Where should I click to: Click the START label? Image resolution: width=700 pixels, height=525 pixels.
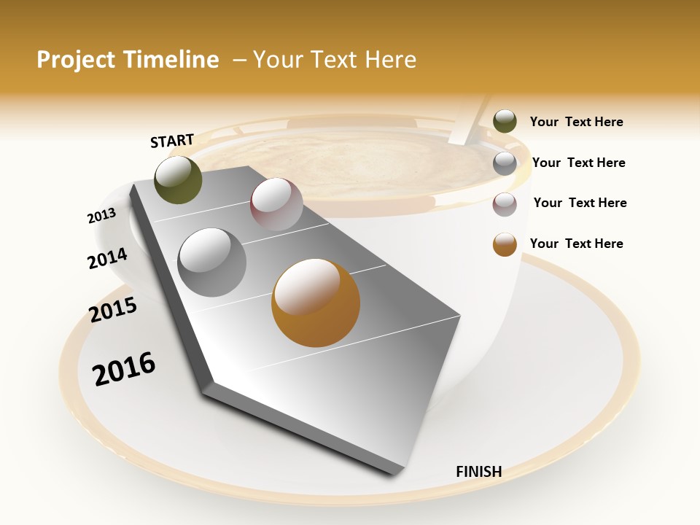(x=172, y=141)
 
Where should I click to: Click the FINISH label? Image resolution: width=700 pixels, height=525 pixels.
(x=478, y=472)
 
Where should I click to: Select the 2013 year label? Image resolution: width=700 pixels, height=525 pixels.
(x=101, y=216)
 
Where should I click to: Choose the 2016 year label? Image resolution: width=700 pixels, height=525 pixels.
(x=124, y=369)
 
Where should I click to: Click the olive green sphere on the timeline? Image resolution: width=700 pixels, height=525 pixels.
(x=179, y=179)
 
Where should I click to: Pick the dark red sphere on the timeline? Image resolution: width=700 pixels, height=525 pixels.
(x=276, y=204)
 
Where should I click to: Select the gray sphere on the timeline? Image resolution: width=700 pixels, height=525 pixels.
(x=212, y=262)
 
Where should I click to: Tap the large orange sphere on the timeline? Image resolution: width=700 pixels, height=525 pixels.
(x=316, y=303)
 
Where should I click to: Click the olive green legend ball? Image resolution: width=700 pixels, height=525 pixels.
(x=505, y=122)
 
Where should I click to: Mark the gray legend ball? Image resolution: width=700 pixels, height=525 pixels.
(x=505, y=163)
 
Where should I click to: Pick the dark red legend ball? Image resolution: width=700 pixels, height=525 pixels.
(x=505, y=204)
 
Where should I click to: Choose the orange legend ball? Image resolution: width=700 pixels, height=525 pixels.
(x=505, y=244)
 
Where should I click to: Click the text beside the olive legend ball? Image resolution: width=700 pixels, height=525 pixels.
(x=576, y=122)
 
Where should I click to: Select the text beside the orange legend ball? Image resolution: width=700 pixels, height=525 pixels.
(x=576, y=244)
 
